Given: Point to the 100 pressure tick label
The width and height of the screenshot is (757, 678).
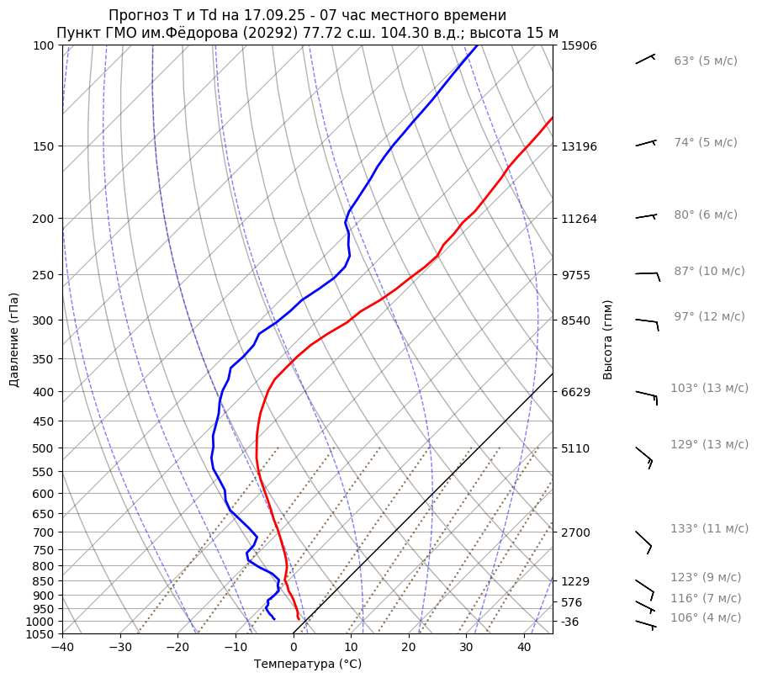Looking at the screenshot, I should click(x=44, y=45).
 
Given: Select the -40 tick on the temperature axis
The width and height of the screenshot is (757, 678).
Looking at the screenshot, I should click(x=62, y=648).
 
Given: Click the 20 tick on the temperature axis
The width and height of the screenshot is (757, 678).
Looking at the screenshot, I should click(x=409, y=648).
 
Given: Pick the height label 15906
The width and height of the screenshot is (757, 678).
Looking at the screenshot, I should click(x=579, y=45).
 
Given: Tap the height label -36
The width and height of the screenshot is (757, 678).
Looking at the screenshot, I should click(x=570, y=622).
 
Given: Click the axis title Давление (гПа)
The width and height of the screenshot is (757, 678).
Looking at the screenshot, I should click(x=14, y=340).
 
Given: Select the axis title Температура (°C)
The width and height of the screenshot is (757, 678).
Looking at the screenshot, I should click(x=307, y=665).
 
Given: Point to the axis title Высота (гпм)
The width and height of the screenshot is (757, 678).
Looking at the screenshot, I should click(x=608, y=339).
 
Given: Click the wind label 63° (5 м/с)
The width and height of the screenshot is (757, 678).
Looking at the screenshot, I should click(x=705, y=61).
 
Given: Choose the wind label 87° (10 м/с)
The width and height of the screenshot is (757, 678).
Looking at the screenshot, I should click(x=708, y=272).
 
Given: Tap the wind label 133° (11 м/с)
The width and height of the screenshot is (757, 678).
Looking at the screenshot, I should click(x=708, y=529).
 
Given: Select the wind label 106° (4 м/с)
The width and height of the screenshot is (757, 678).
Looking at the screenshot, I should click(x=705, y=618).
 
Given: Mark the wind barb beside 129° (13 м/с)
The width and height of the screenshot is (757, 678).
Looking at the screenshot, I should click(x=644, y=456).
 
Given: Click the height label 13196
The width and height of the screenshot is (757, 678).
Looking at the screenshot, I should click(x=579, y=146).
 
